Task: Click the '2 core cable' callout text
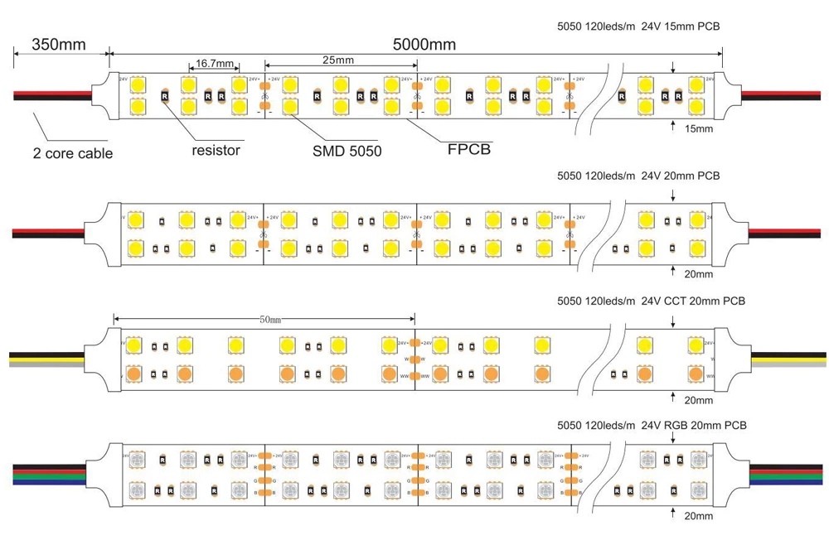(x=72, y=153)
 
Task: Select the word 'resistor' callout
(x=216, y=150)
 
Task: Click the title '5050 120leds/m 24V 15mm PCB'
(x=638, y=27)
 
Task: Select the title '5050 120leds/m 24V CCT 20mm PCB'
(x=650, y=301)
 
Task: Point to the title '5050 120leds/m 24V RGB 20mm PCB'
(x=652, y=425)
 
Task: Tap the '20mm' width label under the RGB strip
(x=699, y=516)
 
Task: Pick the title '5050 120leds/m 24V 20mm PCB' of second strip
(x=638, y=176)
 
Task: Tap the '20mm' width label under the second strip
(x=699, y=274)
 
